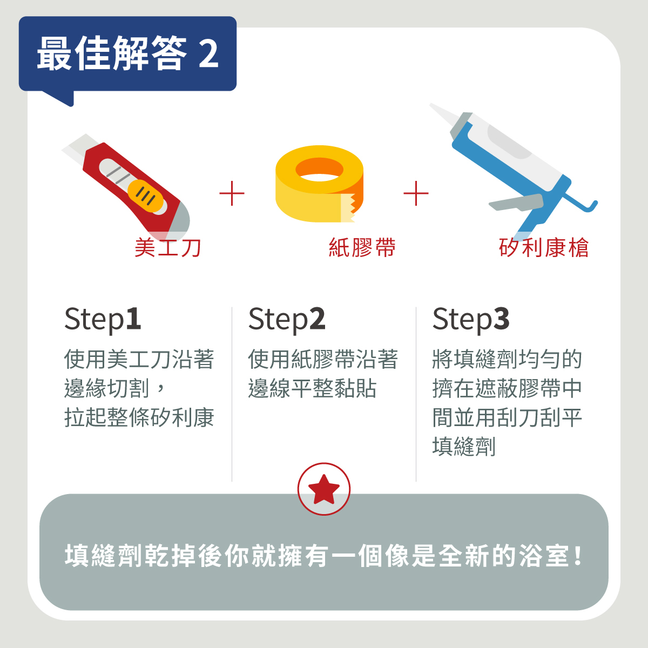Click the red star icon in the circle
pyautogui.click(x=323, y=489)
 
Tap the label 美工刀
pyautogui.click(x=168, y=248)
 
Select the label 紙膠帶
pyautogui.click(x=362, y=248)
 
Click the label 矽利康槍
pyautogui.click(x=543, y=248)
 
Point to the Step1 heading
pyautogui.click(x=103, y=319)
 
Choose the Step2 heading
pyautogui.click(x=287, y=319)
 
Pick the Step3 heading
pyautogui.click(x=471, y=319)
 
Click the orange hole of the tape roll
pyautogui.click(x=319, y=169)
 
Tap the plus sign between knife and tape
pyautogui.click(x=232, y=193)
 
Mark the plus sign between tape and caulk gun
pyautogui.click(x=416, y=193)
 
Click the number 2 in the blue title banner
pyautogui.click(x=208, y=54)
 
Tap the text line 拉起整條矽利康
pyautogui.click(x=139, y=417)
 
